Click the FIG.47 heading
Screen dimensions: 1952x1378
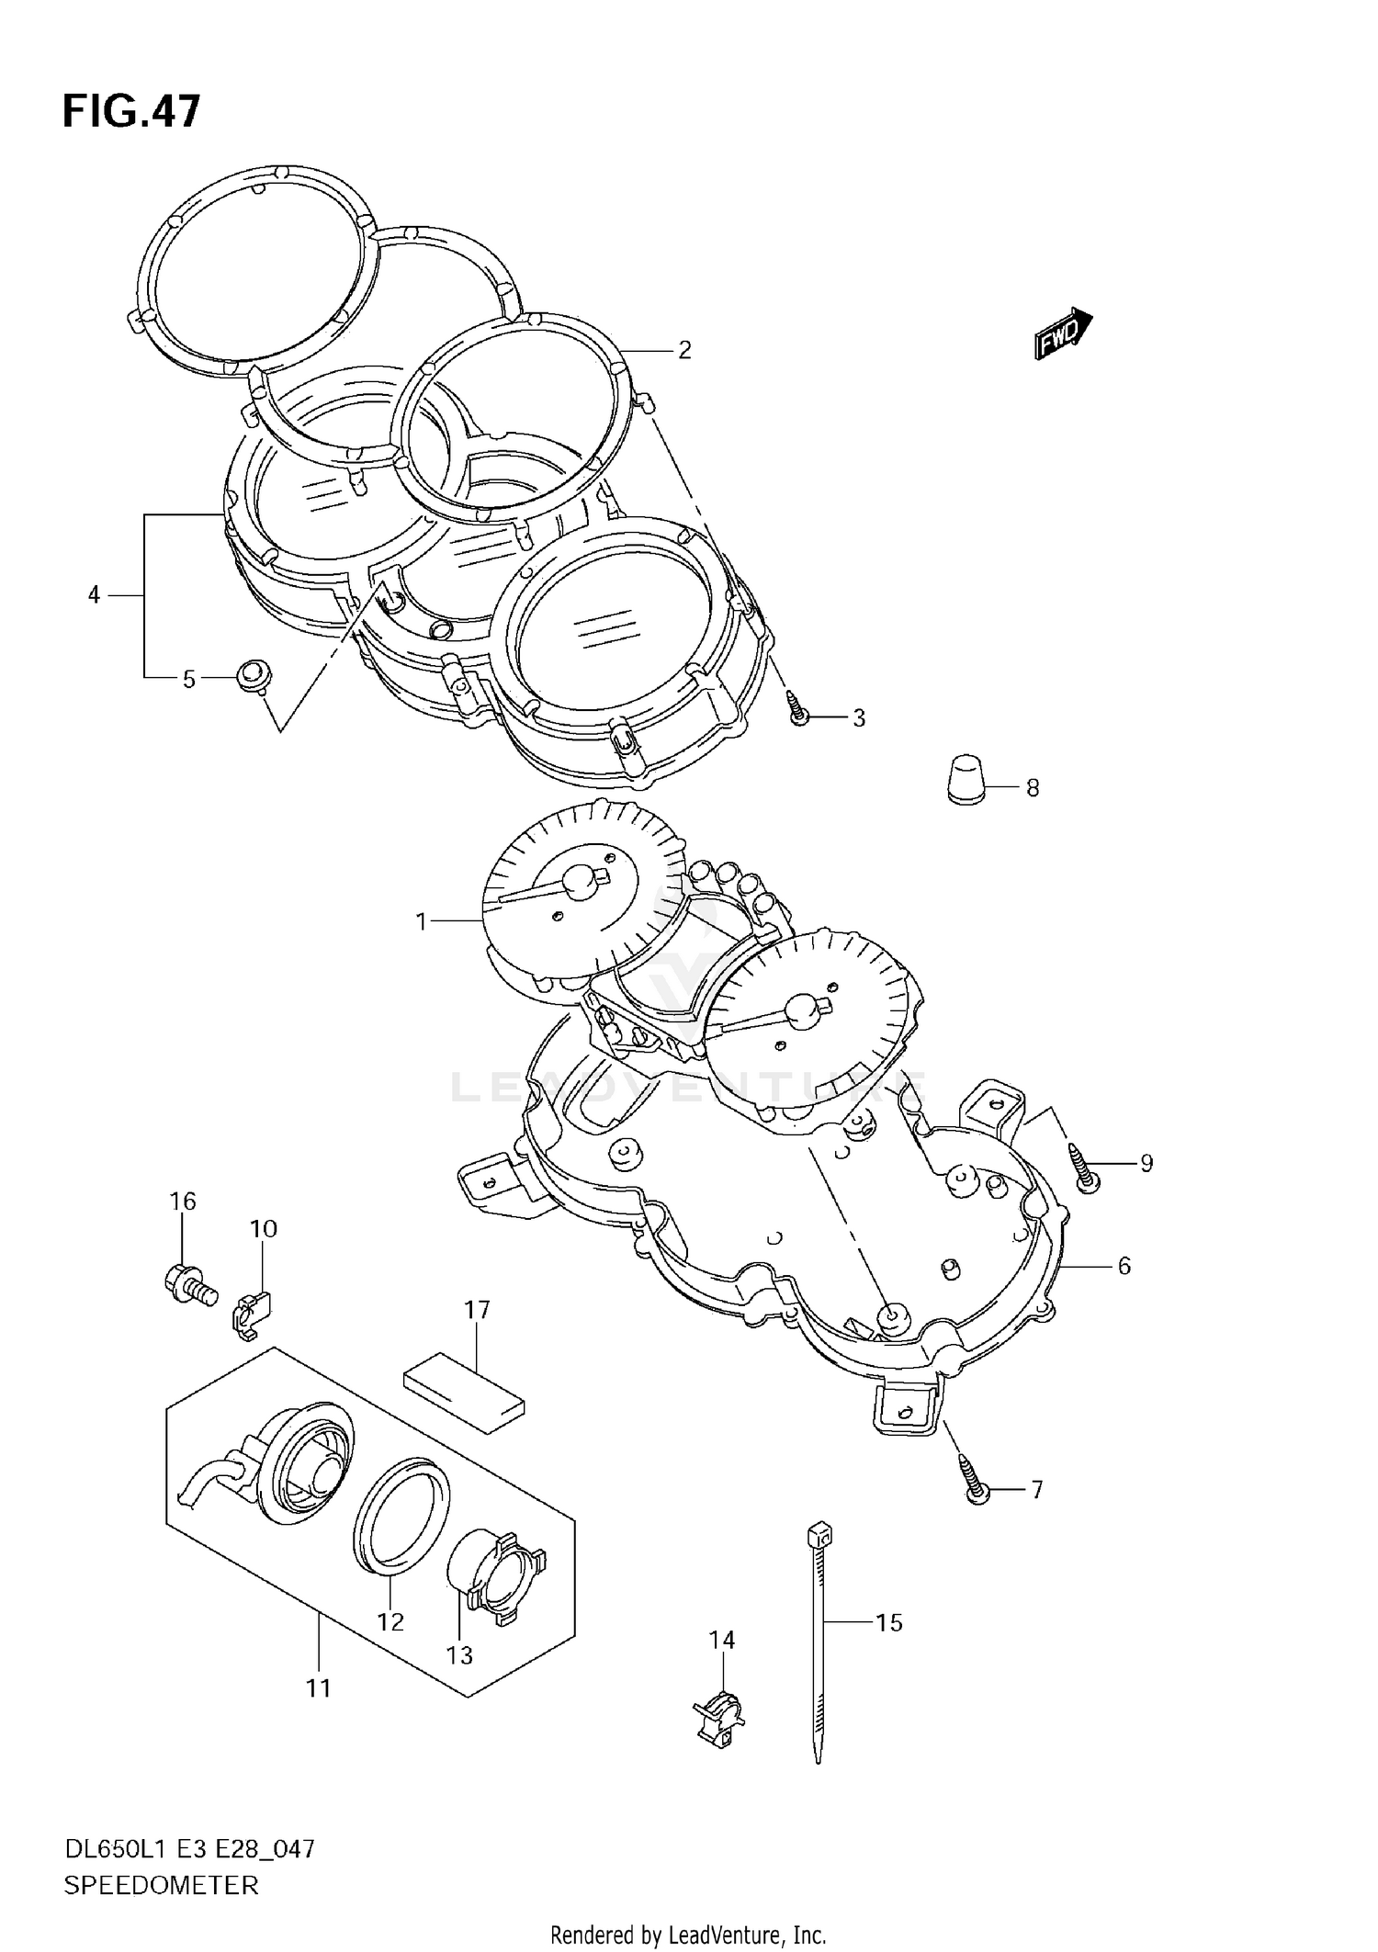[130, 111]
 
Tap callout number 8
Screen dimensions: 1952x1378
[1032, 788]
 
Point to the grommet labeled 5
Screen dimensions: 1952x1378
[252, 676]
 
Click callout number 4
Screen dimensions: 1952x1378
[94, 595]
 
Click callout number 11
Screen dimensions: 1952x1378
[318, 1688]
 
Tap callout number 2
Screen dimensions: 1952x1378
[683, 350]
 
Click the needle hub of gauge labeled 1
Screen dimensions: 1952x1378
[581, 883]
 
